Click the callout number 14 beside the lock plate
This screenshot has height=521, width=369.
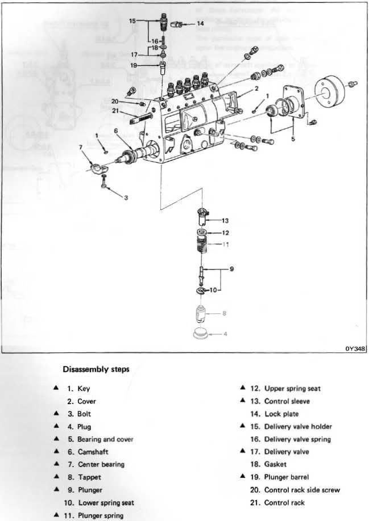click(x=200, y=24)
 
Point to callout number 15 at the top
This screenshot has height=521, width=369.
click(x=132, y=21)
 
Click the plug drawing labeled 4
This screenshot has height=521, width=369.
click(x=200, y=333)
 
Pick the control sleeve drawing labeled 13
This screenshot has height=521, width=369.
click(x=202, y=216)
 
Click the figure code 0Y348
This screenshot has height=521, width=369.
click(x=356, y=349)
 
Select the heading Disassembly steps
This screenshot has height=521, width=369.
click(x=96, y=369)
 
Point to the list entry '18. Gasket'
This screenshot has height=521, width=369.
click(x=272, y=464)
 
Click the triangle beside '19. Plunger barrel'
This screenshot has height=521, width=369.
click(x=242, y=477)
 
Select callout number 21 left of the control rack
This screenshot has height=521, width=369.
click(x=115, y=111)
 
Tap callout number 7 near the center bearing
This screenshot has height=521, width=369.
click(x=81, y=147)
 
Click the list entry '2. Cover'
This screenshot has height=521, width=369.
click(x=82, y=401)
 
